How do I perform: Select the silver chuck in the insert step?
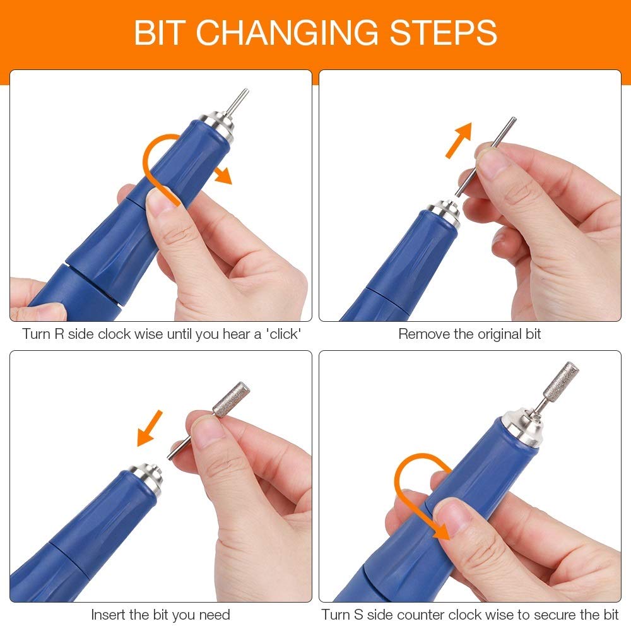point(146,476)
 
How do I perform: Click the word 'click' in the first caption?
point(283,334)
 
